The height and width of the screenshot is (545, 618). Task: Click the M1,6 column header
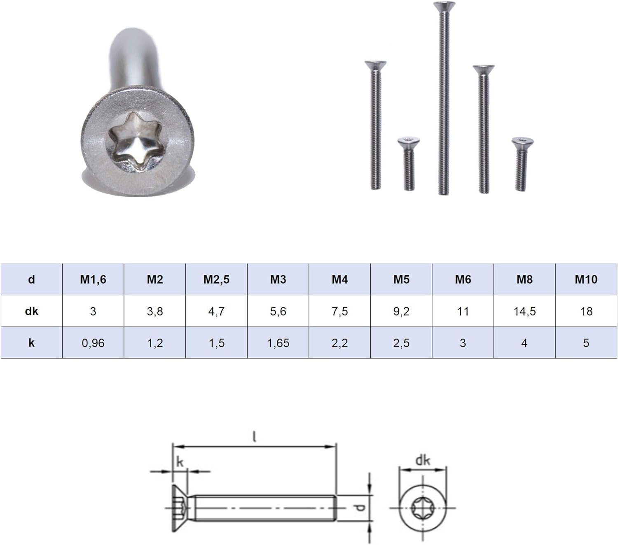click(93, 279)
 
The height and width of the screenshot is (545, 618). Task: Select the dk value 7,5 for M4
click(339, 311)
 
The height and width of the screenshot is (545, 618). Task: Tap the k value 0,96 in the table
click(93, 343)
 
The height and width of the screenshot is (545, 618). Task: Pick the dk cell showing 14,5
click(524, 311)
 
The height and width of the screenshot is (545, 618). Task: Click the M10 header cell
click(586, 279)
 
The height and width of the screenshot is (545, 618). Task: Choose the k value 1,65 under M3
click(278, 343)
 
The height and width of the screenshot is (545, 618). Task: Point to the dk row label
click(31, 311)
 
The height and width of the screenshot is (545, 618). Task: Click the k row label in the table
click(31, 343)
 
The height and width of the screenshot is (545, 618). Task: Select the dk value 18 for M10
click(586, 311)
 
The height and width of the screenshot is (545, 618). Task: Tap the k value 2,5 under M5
click(401, 343)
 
